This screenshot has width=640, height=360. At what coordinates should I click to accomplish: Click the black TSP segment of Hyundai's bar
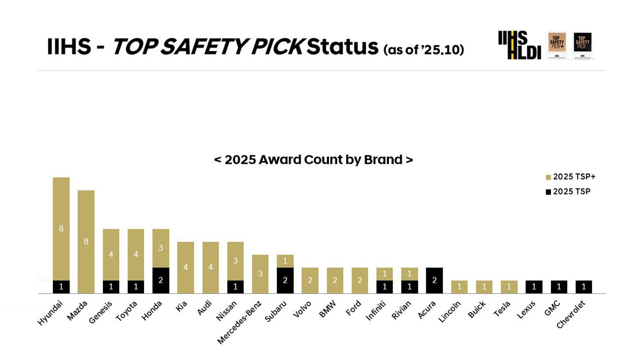(x=61, y=287)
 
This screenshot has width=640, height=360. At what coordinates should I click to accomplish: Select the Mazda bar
(x=86, y=242)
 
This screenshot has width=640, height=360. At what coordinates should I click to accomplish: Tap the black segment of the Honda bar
(x=161, y=280)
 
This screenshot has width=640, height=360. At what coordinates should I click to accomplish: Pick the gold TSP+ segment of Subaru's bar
(x=285, y=261)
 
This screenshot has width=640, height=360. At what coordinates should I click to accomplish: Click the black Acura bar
(x=434, y=280)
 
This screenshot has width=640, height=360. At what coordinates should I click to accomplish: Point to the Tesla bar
(x=509, y=287)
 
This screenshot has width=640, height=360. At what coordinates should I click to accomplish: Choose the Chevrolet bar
(x=584, y=287)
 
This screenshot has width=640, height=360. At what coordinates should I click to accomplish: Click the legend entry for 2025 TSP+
(x=570, y=177)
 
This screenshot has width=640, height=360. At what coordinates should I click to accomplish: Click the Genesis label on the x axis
(x=101, y=312)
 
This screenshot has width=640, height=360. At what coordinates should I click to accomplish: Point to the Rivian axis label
(x=401, y=310)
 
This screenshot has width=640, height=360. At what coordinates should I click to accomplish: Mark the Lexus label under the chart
(x=526, y=310)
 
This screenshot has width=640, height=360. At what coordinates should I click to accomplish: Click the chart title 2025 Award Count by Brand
(x=314, y=160)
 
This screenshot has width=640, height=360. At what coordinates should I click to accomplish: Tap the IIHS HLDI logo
(x=519, y=45)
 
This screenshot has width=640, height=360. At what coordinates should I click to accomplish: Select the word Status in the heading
(x=342, y=46)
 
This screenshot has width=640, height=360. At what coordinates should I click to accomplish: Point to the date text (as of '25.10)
(x=424, y=50)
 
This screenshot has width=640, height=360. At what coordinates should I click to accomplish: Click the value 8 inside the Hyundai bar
(x=61, y=229)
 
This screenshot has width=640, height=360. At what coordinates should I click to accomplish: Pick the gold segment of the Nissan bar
(x=235, y=261)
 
